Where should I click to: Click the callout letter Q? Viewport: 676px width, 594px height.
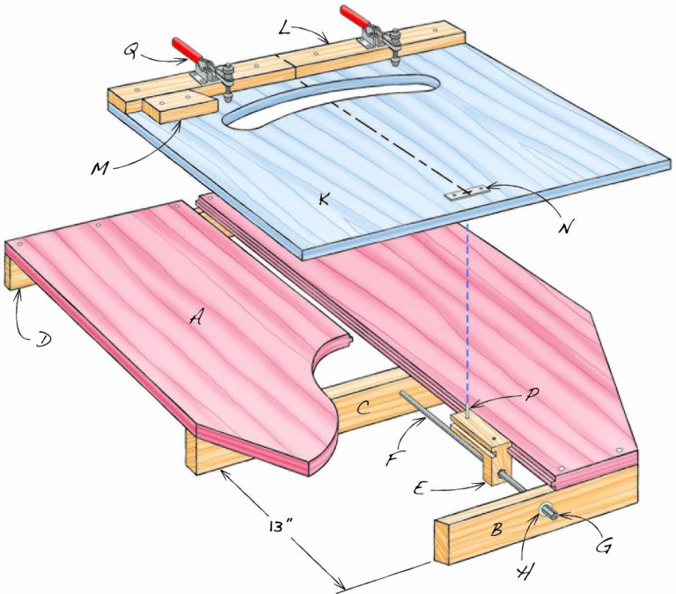pyautogui.click(x=130, y=54)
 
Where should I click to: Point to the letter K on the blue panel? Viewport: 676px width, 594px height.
pyautogui.click(x=325, y=202)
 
